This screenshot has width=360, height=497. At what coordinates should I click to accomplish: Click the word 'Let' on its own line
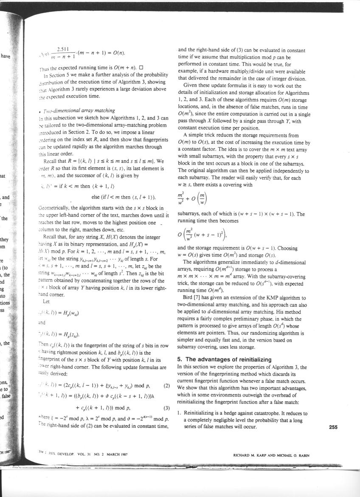pyautogui.click(x=46, y=302)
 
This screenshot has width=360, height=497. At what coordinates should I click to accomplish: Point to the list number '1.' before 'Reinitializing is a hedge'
pyautogui.click(x=180, y=413)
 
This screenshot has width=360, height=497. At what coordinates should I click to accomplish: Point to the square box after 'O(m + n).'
pyautogui.click(x=141, y=68)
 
